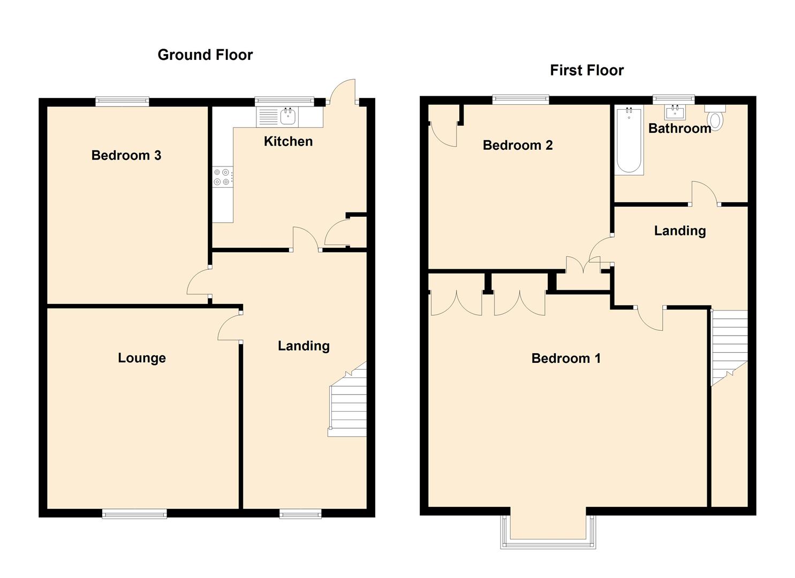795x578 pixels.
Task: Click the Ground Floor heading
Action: pos(205,55)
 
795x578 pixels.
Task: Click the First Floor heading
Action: pos(587,70)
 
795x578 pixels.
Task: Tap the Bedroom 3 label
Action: pos(126,155)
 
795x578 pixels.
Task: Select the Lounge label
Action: pos(142,358)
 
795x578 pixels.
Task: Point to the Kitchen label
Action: pos(288,141)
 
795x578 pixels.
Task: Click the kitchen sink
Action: pos(288,115)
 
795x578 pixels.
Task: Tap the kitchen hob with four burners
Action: pos(222,177)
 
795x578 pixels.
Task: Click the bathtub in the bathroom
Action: pos(629,140)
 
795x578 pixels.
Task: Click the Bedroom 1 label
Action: pos(566,358)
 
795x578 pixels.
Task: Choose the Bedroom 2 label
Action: pos(518,145)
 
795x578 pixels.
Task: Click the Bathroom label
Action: pos(679,128)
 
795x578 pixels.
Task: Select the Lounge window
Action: pos(134,514)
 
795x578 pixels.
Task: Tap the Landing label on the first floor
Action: pos(680,231)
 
